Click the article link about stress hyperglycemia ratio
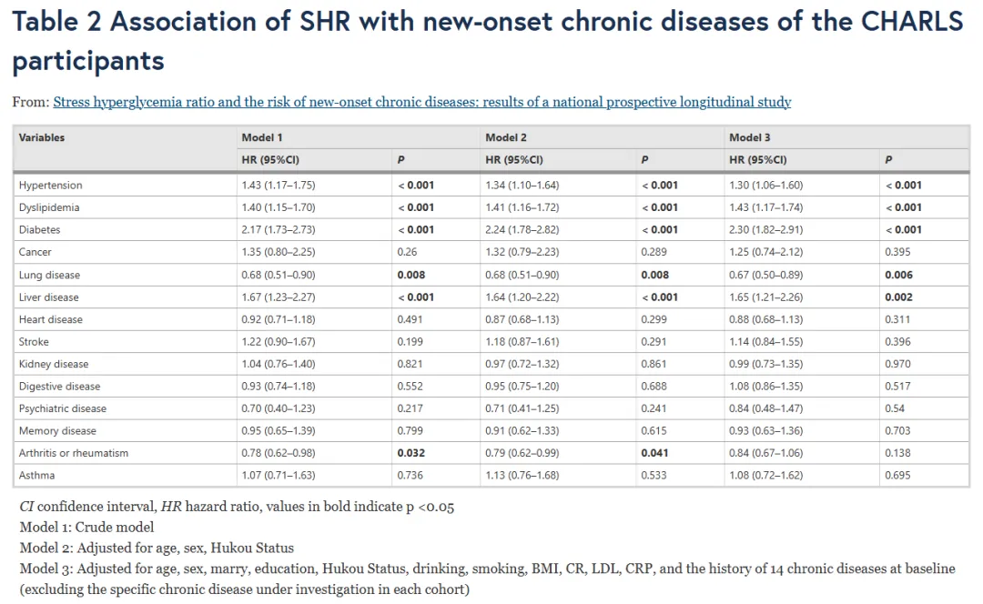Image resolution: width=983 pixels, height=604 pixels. (422, 102)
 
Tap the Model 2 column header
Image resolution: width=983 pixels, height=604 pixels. (506, 137)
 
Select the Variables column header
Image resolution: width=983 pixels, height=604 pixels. (41, 137)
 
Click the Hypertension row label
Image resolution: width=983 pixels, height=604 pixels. (50, 186)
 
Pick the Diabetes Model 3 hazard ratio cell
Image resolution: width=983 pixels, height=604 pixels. (765, 230)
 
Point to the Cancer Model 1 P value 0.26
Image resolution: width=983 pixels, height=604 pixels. (407, 252)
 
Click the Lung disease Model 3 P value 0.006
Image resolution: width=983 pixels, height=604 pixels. (898, 275)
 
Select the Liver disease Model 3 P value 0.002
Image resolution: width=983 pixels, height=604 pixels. (898, 297)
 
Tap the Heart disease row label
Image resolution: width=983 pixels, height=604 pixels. (51, 319)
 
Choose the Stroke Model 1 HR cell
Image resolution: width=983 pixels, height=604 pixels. (279, 342)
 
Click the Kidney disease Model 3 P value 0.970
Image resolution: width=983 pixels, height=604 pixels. (897, 364)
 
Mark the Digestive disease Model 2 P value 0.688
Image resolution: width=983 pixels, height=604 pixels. (654, 387)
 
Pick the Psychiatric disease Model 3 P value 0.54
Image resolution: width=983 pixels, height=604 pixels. (895, 408)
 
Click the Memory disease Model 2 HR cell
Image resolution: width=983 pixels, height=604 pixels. (522, 431)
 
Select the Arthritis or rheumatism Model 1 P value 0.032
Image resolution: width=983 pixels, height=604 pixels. (410, 453)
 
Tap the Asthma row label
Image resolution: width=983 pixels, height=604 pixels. (36, 476)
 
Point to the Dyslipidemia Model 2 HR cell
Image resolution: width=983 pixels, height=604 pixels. (522, 207)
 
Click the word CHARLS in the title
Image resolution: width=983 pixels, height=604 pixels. (911, 22)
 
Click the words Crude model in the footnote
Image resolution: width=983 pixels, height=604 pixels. (114, 528)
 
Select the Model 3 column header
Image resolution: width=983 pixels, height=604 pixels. (749, 137)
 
